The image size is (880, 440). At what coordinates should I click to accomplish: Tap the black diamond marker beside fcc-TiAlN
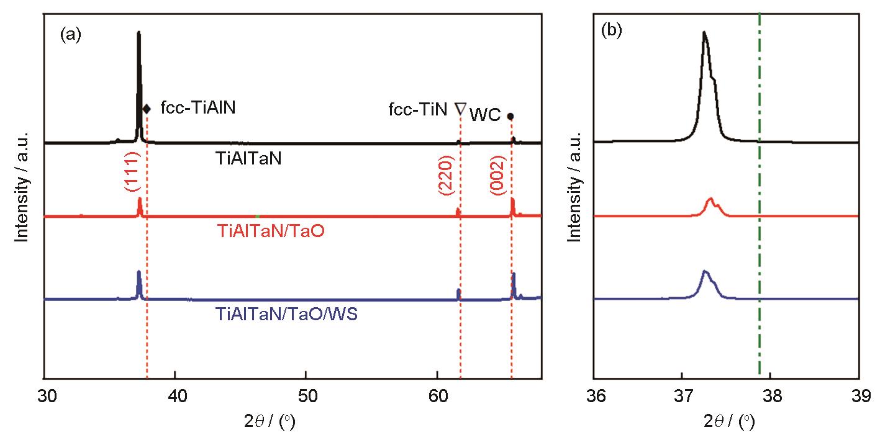click(147, 109)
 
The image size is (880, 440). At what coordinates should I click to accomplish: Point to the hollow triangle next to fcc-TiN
click(460, 109)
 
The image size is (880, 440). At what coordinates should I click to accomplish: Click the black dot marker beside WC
click(510, 116)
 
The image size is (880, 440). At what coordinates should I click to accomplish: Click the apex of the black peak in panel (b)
click(704, 32)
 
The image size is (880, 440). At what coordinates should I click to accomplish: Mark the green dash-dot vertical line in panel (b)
click(760, 248)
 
